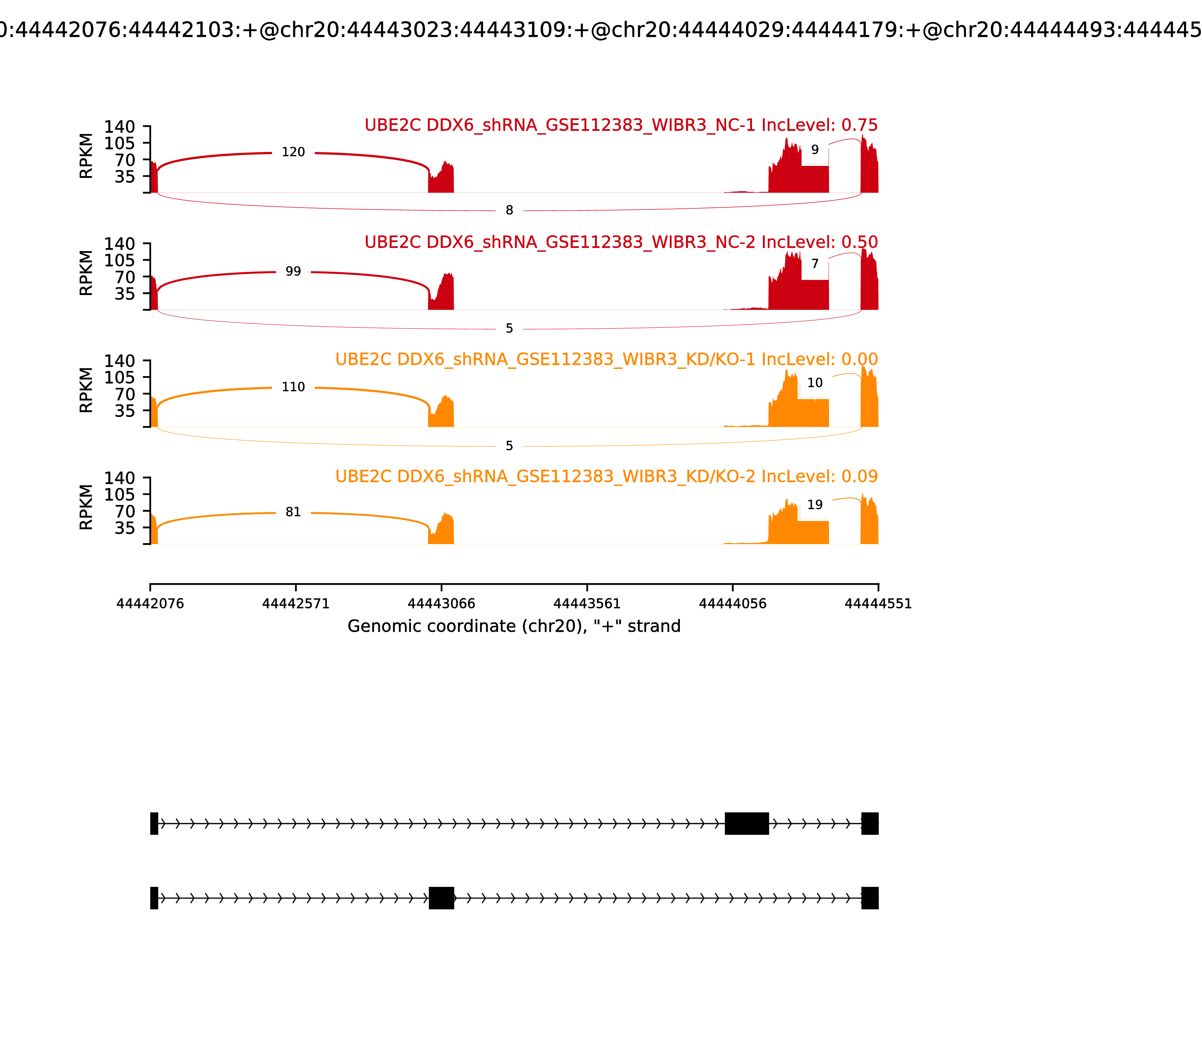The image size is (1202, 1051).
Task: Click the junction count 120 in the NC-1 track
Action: coord(293,152)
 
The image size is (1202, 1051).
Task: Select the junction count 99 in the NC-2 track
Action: coord(293,271)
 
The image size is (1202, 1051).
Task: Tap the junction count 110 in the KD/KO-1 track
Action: coord(293,387)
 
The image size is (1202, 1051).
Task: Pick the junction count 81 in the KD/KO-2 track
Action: coord(293,512)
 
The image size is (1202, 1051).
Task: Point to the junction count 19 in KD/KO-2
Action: coord(815,505)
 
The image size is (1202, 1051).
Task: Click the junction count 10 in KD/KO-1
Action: coord(815,383)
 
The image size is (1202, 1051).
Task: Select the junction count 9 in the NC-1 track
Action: coord(815,150)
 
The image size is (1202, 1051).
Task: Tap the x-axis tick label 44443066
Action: coord(441,604)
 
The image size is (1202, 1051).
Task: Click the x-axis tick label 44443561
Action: coord(587,604)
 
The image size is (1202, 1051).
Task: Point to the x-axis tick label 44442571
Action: coord(296,604)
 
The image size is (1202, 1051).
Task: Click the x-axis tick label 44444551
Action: coord(878,604)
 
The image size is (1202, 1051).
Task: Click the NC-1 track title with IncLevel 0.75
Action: coord(621,125)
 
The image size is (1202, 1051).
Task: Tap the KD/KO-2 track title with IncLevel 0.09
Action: coord(606,476)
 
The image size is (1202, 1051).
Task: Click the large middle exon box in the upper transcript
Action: coord(747,824)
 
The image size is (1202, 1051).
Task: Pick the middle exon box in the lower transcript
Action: coord(441,898)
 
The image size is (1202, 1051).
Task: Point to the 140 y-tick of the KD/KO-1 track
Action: coord(120,361)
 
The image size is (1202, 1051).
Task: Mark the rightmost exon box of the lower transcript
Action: coord(870,898)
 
